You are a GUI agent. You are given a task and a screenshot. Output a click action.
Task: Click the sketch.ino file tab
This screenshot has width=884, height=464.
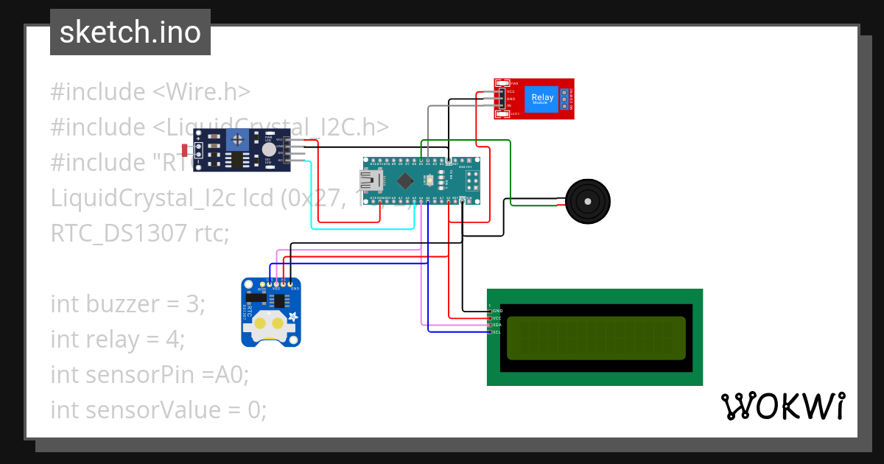pyautogui.click(x=130, y=32)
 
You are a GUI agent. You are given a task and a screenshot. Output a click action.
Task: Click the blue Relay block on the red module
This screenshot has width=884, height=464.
pyautogui.click(x=542, y=98)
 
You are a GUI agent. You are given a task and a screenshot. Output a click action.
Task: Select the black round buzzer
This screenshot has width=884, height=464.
pyautogui.click(x=588, y=200)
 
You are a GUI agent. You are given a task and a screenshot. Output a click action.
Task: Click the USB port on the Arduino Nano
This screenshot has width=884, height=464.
pyautogui.click(x=370, y=179)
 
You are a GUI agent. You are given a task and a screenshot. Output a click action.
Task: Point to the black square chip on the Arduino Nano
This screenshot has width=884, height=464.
pyautogui.click(x=404, y=180)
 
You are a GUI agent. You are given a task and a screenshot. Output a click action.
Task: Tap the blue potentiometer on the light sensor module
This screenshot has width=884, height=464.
pyautogui.click(x=237, y=138)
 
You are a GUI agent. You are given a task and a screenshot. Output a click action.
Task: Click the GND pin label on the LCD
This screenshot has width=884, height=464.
pyautogui.click(x=497, y=312)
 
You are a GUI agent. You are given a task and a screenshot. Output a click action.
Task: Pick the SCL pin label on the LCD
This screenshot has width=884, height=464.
pyautogui.click(x=497, y=332)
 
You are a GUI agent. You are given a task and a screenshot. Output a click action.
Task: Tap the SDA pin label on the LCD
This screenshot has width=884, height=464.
pyautogui.click(x=497, y=325)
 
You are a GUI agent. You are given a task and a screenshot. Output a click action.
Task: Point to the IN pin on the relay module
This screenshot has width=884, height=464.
pyautogui.click(x=510, y=106)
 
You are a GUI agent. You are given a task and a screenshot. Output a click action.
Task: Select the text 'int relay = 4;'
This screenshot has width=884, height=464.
pyautogui.click(x=118, y=340)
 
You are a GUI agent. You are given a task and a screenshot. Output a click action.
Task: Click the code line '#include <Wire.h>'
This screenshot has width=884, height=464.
pyautogui.click(x=150, y=92)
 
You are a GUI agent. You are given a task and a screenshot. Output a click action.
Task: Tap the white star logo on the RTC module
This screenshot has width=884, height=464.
pyautogui.click(x=293, y=317)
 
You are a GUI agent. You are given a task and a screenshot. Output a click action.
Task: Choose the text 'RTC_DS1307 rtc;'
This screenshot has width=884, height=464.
pyautogui.click(x=140, y=233)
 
